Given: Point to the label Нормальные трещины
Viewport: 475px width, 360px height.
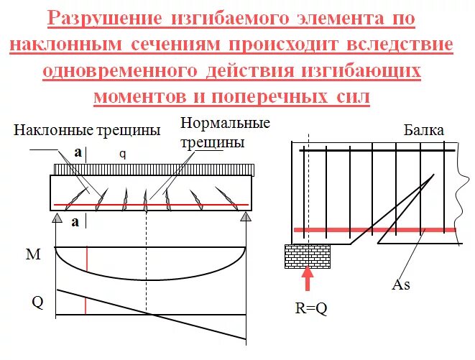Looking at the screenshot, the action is click(225, 132).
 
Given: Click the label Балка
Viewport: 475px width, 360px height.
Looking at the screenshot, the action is click(424, 130).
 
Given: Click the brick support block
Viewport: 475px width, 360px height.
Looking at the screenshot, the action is click(308, 254).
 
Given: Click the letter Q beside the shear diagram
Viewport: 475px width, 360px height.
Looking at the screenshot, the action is click(37, 302).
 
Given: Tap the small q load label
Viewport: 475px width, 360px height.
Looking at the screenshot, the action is click(123, 154).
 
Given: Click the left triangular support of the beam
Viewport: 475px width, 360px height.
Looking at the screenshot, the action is click(56, 216).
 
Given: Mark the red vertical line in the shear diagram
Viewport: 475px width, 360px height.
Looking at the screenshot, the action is click(86, 306).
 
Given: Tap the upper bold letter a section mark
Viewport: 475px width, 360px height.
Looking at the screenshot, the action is click(77, 152).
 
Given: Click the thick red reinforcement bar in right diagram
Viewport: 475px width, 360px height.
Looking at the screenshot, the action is click(374, 231).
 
